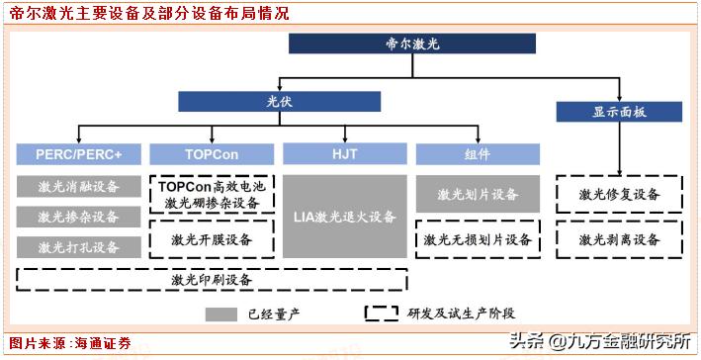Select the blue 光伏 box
click(x=280, y=102)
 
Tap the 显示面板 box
click(x=619, y=112)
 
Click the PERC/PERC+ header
click(x=78, y=154)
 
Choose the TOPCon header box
click(x=212, y=154)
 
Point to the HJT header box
click(x=345, y=154)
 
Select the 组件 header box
click(x=479, y=154)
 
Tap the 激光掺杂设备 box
click(x=78, y=217)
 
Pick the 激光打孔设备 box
click(x=78, y=246)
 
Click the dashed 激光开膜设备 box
click(x=212, y=239)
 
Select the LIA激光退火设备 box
click(x=345, y=217)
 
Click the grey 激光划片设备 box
click(x=479, y=194)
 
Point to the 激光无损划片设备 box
click(x=479, y=239)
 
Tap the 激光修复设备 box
click(x=619, y=194)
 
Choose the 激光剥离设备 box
click(x=619, y=239)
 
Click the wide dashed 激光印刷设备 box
click(x=212, y=279)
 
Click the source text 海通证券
click(x=101, y=343)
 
